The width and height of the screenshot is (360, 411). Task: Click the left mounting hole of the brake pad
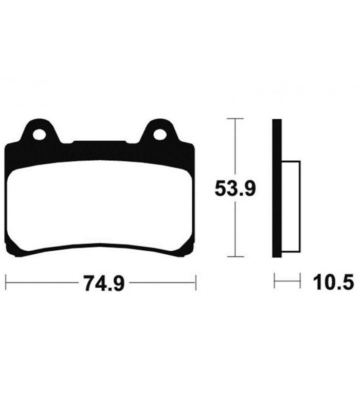point(39,135)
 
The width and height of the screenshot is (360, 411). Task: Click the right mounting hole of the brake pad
point(160,135)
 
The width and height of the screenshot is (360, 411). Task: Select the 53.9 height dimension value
point(235,188)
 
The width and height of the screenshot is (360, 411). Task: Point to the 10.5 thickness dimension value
point(332,281)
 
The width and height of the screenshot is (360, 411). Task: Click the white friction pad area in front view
point(100,207)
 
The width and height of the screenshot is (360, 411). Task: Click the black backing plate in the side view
point(277,188)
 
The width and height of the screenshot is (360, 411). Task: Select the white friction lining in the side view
point(291,207)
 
